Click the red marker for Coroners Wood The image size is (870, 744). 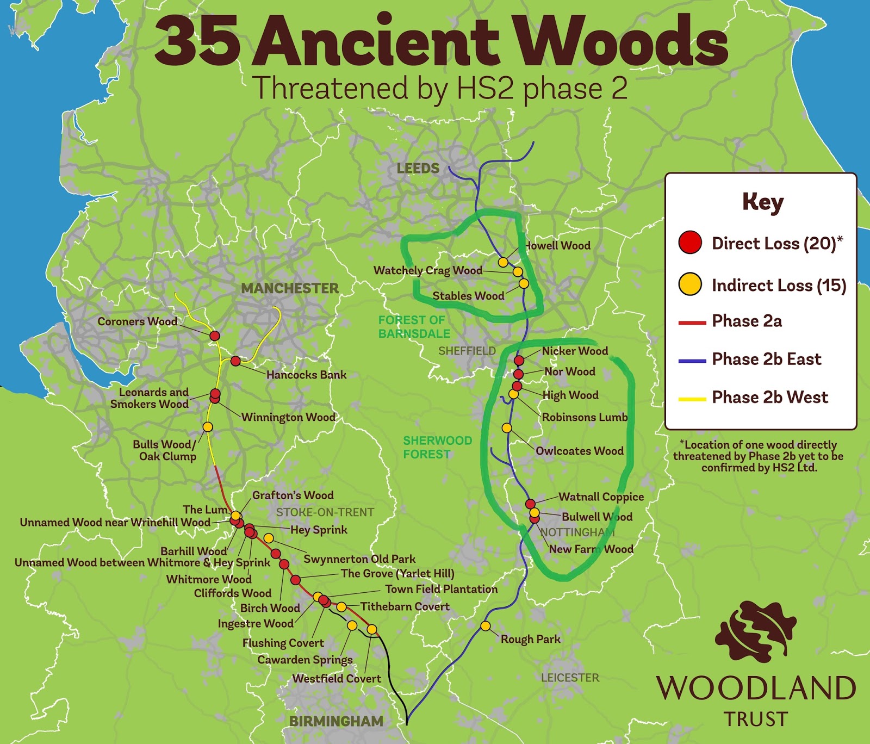pos(215,336)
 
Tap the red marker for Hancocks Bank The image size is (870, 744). pos(235,361)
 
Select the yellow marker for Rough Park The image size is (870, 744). pos(486,626)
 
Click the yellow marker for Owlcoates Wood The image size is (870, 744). pos(507,428)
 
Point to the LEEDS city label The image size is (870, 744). pos(418,169)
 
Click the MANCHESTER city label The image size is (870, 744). pos(290,288)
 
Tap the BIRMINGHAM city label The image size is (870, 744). pos(336,721)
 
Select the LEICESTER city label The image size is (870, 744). pos(570,678)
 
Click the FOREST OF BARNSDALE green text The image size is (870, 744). pos(414,327)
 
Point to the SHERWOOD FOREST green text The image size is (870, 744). pos(437,447)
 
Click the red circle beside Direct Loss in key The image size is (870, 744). pos(690,243)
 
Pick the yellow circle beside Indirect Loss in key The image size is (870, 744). pos(690,284)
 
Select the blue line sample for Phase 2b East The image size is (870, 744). pos(692,361)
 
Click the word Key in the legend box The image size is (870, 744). pos(762,202)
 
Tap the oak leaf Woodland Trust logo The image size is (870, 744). pos(756,631)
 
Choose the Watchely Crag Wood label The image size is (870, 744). pos(427,270)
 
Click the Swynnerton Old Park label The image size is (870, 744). pos(359,559)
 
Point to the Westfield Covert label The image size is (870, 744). pos(336,679)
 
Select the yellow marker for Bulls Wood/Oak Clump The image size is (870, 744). pos(208,427)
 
